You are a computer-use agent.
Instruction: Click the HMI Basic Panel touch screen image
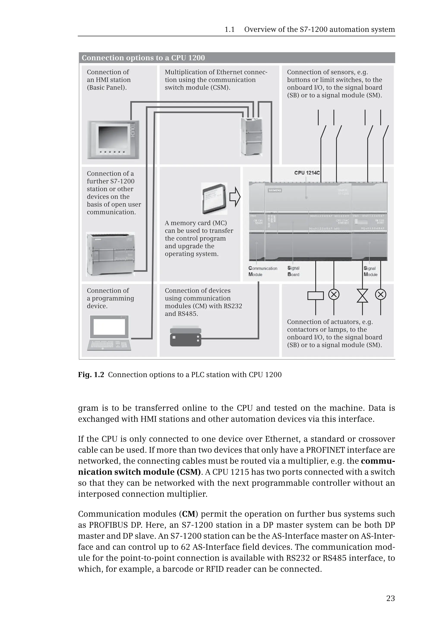(113, 140)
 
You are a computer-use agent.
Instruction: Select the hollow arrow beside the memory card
(235, 197)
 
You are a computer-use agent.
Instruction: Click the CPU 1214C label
(307, 173)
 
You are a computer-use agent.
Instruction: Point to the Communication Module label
(262, 271)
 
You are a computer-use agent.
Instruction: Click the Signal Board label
(293, 271)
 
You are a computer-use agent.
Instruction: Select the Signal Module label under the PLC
(370, 271)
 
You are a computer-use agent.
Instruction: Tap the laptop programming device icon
(110, 333)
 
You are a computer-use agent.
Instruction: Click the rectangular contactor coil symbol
(316, 296)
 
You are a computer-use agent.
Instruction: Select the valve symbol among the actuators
(362, 295)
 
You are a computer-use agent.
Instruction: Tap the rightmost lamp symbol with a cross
(380, 295)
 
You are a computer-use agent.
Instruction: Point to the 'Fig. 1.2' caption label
(91, 375)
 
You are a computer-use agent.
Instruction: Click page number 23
(390, 599)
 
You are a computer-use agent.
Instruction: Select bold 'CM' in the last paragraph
(189, 514)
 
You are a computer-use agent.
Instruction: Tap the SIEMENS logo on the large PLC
(275, 190)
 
